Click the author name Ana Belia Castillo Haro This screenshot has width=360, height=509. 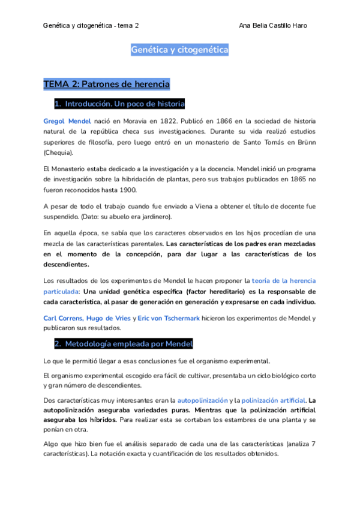pyautogui.click(x=273, y=26)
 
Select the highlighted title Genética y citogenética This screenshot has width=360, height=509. pyautogui.click(x=179, y=50)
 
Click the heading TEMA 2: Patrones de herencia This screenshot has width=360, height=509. pyautogui.click(x=107, y=84)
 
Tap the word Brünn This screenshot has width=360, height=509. pyautogui.click(x=304, y=142)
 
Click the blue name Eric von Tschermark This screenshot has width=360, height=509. pyautogui.click(x=169, y=318)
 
